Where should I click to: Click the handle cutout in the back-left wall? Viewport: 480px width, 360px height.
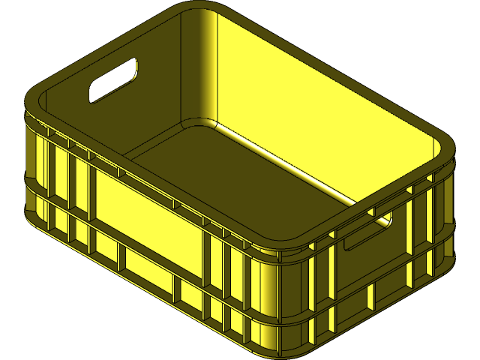[113, 80]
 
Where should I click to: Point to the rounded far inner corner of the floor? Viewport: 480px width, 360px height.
[196, 124]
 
